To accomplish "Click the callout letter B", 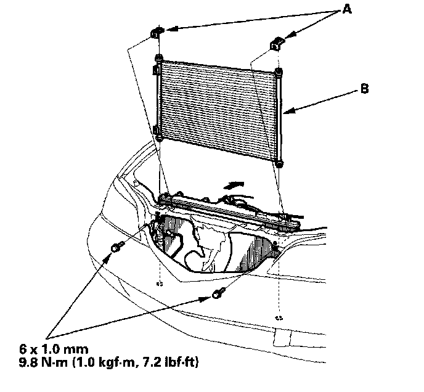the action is coord(365,89).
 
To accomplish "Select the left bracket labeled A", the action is coord(155,33).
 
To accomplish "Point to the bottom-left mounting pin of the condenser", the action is coord(159,137).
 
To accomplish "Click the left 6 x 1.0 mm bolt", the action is coord(115,248).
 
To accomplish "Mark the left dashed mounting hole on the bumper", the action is coord(159,284).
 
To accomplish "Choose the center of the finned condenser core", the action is coord(219,110).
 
